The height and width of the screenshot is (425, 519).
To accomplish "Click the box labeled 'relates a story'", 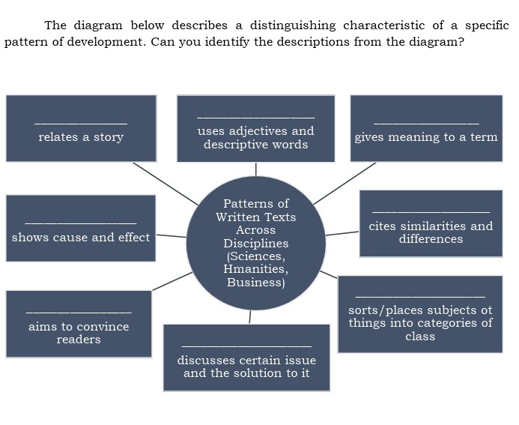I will click(x=81, y=128).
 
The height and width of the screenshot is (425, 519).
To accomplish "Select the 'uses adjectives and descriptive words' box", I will click(x=255, y=129).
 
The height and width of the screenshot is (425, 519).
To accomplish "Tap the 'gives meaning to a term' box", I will click(x=426, y=128).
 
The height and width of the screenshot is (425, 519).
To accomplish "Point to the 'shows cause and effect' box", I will click(x=81, y=229).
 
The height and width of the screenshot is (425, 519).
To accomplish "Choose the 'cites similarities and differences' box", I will click(x=431, y=224).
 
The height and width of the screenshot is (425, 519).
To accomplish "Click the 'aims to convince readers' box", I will click(x=79, y=324).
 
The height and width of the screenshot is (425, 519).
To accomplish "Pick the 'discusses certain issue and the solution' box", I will click(x=246, y=358).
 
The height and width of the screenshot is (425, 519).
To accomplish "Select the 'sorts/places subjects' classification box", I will click(x=420, y=314).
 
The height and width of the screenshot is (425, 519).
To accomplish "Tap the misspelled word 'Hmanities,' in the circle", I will click(x=256, y=269).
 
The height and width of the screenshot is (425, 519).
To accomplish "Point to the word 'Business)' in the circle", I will click(x=256, y=283).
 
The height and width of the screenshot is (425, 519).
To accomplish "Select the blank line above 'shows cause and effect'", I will click(x=81, y=223).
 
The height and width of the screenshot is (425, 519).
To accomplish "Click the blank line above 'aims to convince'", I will click(x=79, y=313).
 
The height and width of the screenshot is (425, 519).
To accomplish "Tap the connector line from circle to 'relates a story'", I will click(x=166, y=183).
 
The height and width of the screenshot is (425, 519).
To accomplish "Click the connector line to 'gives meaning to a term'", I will click(x=345, y=183).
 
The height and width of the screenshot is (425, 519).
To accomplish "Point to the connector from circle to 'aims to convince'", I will click(x=173, y=281).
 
